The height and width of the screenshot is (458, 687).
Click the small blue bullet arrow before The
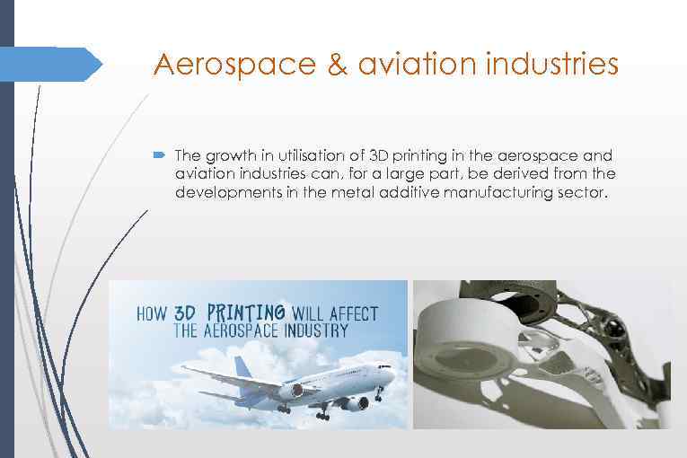click(158, 155)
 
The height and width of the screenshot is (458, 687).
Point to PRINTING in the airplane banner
click(246, 313)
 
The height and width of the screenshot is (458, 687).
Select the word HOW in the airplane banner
click(151, 314)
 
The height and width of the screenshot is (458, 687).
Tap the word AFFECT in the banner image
click(354, 313)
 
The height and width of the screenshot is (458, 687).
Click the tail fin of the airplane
click(242, 367)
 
